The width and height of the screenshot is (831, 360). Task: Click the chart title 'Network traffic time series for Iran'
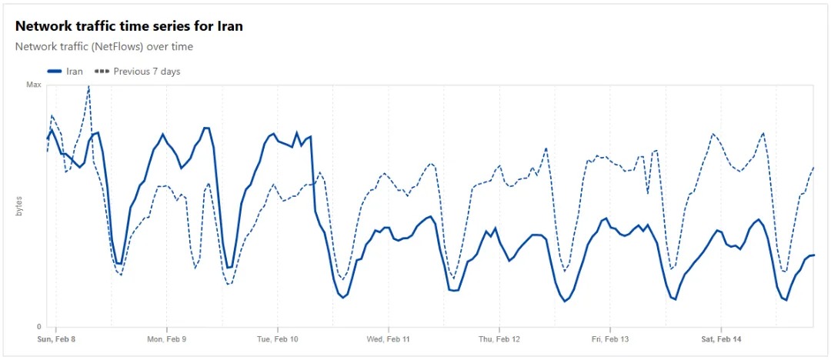pos(129,26)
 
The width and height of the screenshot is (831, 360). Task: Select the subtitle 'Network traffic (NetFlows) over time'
pos(104,46)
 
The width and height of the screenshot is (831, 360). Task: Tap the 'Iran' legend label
pos(75,72)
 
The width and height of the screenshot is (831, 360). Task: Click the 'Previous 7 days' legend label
pos(146,72)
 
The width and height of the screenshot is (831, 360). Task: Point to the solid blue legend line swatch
pos(54,72)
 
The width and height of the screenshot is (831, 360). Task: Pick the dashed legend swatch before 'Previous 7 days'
pos(102,72)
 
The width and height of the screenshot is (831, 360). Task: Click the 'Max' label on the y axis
pos(34,85)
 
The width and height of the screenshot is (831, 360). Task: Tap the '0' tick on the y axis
pos(39,327)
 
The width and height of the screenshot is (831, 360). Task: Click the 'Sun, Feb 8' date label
pos(57,339)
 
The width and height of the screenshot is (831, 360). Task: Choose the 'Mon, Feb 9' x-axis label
pos(166,339)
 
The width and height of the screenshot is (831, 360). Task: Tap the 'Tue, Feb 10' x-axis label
pos(278,339)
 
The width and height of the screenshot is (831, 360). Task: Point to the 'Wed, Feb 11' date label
pos(389,339)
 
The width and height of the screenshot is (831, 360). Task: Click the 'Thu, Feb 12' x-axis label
pos(499,339)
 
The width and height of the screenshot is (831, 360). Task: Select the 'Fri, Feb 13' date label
pos(610,339)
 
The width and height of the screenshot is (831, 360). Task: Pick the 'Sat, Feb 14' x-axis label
pos(721,339)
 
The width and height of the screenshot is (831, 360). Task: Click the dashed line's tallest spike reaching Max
pos(88,87)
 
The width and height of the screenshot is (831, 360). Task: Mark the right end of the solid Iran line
pos(813,255)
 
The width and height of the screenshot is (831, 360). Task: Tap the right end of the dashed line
pos(813,167)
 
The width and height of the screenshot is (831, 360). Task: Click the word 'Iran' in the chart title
pos(229,26)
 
